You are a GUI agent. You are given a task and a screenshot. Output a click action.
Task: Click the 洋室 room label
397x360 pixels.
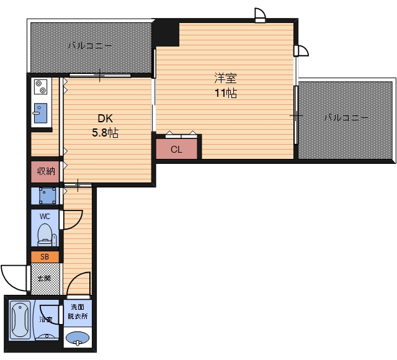[226, 78]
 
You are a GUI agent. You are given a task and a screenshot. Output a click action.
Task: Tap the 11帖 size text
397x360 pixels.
[226, 93]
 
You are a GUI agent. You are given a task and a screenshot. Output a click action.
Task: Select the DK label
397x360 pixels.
[105, 119]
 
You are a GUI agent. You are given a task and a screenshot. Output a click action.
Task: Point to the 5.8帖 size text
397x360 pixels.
[105, 132]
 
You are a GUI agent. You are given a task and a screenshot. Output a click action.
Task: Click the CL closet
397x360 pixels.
[176, 149]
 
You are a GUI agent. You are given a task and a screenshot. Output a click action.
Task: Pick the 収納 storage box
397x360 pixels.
[45, 171]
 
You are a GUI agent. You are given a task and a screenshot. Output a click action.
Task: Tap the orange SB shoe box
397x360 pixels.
[45, 256]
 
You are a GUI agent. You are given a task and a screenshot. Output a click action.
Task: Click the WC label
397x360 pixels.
[45, 217]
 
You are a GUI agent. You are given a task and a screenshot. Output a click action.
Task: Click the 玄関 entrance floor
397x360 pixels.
[45, 279]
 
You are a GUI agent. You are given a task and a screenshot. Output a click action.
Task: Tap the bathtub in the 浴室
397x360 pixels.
[20, 320]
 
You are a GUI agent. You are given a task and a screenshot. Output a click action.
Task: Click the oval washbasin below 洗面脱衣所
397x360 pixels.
[77, 338]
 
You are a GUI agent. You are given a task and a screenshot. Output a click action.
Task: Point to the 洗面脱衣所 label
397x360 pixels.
[78, 312]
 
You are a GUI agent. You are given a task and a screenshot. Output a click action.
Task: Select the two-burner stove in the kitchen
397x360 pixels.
[41, 87]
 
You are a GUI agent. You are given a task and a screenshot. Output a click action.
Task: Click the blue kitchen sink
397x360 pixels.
[40, 113]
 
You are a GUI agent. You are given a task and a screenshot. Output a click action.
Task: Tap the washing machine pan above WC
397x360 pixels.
[47, 196]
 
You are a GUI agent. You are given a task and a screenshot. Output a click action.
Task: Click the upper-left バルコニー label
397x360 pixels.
[90, 46]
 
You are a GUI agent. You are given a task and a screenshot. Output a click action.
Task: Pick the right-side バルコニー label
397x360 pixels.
[346, 117]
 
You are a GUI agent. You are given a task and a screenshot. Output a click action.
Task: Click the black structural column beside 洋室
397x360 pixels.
[166, 33]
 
